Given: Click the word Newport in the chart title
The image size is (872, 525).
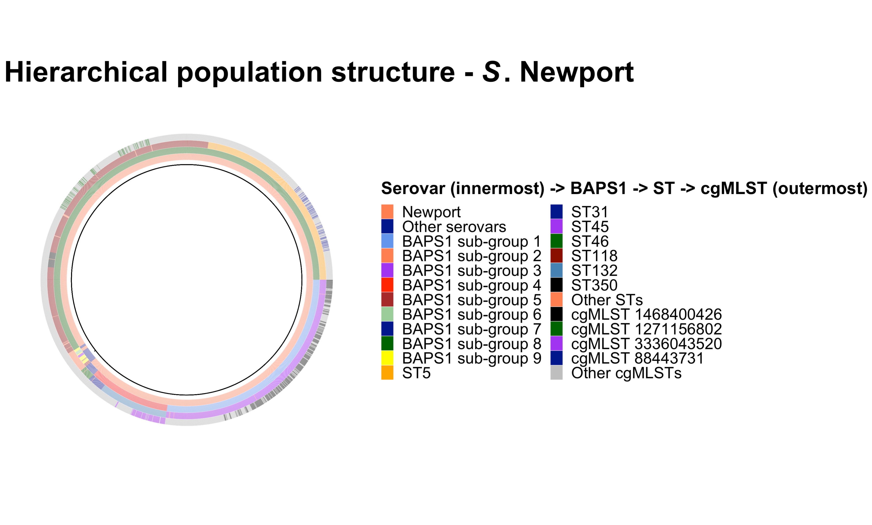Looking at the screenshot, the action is pos(577,72).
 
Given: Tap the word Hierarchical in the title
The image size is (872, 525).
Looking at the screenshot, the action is pos(86,72).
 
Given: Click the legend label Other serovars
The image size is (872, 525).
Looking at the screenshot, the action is pos(454,227).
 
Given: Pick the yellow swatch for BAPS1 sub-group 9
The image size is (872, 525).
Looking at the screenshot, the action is pos(387,358).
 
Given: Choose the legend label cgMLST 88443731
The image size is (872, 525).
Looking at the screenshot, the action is pos(637,358).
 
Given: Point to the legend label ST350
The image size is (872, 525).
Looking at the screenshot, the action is pos(594,285).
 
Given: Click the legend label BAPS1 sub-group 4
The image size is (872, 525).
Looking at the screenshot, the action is pos(472,285).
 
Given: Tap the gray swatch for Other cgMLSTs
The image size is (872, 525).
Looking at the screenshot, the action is pos(556,373).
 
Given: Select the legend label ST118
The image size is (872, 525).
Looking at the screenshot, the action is pos(594,256).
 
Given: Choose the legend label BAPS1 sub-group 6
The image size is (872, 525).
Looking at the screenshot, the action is pos(472,314).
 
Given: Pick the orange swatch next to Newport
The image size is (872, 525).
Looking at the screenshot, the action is pos(387,212).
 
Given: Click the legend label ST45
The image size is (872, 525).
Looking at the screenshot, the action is pos(590,227).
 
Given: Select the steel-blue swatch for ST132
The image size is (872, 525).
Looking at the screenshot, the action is pos(556,271).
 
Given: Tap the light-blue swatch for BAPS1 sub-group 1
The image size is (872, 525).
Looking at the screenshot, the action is pos(387,241).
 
